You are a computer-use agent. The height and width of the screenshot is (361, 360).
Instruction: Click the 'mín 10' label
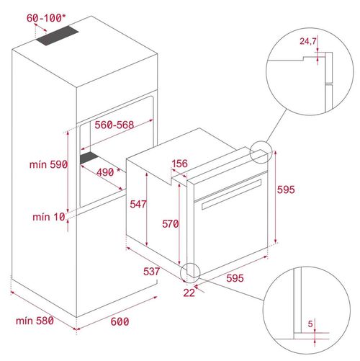tap(48, 217)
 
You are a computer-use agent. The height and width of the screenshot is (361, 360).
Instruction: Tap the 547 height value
tap(138, 204)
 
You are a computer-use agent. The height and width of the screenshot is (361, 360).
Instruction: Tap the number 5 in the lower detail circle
tap(310, 325)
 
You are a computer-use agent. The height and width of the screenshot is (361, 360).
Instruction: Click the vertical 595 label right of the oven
tap(286, 188)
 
